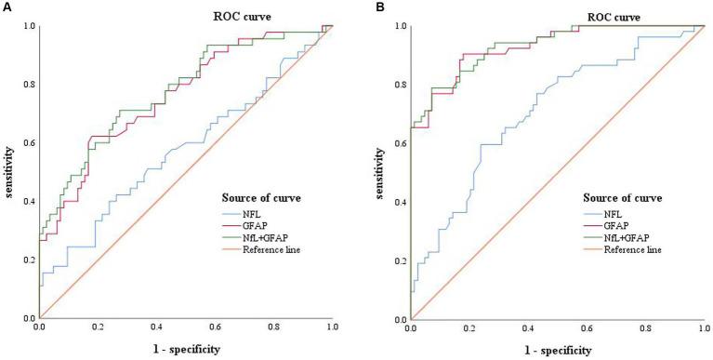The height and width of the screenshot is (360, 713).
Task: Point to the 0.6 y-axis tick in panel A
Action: coord(28,143)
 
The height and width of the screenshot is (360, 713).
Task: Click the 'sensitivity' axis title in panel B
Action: coord(380,172)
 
